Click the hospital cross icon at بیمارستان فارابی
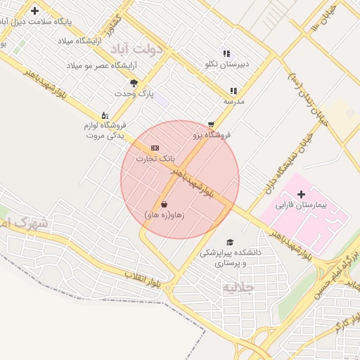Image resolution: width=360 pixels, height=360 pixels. tap(302, 194)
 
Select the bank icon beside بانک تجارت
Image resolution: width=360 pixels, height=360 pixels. tap(155, 148)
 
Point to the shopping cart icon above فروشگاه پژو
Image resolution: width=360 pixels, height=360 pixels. tap(210, 124)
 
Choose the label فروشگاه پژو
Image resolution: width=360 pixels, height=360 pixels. tap(212, 134)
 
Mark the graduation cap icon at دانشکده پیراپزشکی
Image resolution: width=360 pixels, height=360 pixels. tap(230, 241)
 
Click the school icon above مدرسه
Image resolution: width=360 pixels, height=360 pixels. tap(233, 91)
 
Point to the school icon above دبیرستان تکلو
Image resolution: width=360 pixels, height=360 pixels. tap(226, 53)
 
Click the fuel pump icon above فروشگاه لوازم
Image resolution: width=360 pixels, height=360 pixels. tap(105, 115)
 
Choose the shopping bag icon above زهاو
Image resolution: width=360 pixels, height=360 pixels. tap(164, 204)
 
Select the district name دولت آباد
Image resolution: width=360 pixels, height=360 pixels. tap(161, 50)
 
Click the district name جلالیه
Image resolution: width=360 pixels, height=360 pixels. tap(238, 288)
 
